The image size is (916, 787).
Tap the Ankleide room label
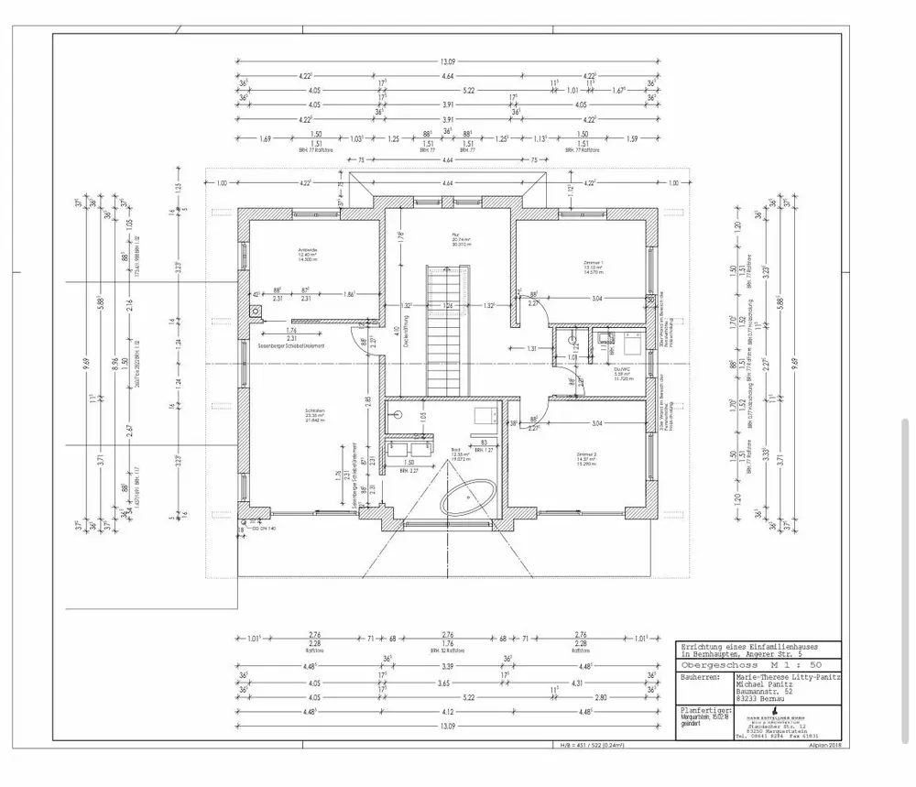point(307,251)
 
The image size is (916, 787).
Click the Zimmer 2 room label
point(587,456)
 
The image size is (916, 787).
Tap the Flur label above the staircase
point(454,235)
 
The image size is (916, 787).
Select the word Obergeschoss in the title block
point(714,666)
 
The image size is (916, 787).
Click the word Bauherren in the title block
point(701,679)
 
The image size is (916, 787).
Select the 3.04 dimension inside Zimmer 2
point(596,423)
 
